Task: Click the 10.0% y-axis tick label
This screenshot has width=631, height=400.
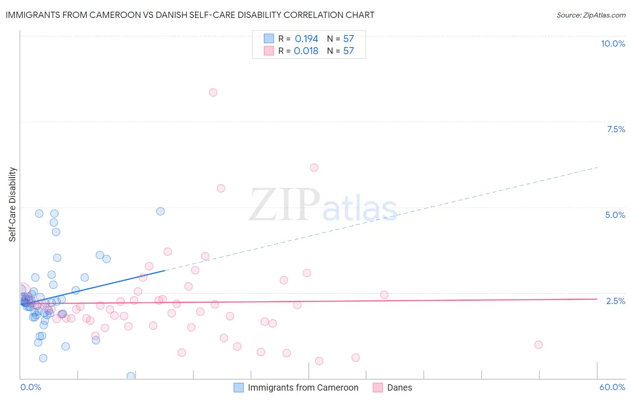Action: [613, 43]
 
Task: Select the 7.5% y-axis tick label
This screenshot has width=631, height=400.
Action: [616, 129]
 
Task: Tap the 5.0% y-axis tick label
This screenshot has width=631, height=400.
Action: [615, 215]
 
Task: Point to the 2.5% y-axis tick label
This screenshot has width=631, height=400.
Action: [615, 301]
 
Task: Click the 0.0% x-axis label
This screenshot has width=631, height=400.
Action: [31, 387]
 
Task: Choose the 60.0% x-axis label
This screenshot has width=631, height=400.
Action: [612, 387]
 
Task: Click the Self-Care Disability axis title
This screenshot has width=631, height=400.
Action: [13, 204]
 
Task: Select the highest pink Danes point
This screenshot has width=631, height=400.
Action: [213, 92]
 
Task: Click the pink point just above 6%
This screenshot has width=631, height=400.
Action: [314, 168]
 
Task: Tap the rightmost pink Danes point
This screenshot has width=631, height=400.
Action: [539, 345]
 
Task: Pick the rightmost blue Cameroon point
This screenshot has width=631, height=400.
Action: [160, 211]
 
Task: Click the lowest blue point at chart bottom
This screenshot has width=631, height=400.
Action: [131, 376]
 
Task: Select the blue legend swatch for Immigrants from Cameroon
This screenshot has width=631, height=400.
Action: [239, 387]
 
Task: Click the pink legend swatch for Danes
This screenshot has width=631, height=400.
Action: [378, 387]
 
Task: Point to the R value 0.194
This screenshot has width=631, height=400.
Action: [307, 39]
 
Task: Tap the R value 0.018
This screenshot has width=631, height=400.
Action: [306, 51]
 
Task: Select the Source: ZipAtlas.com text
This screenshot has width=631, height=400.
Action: [591, 15]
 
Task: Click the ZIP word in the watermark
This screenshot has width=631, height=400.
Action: [285, 205]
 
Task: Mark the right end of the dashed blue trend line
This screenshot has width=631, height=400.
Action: [598, 167]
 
